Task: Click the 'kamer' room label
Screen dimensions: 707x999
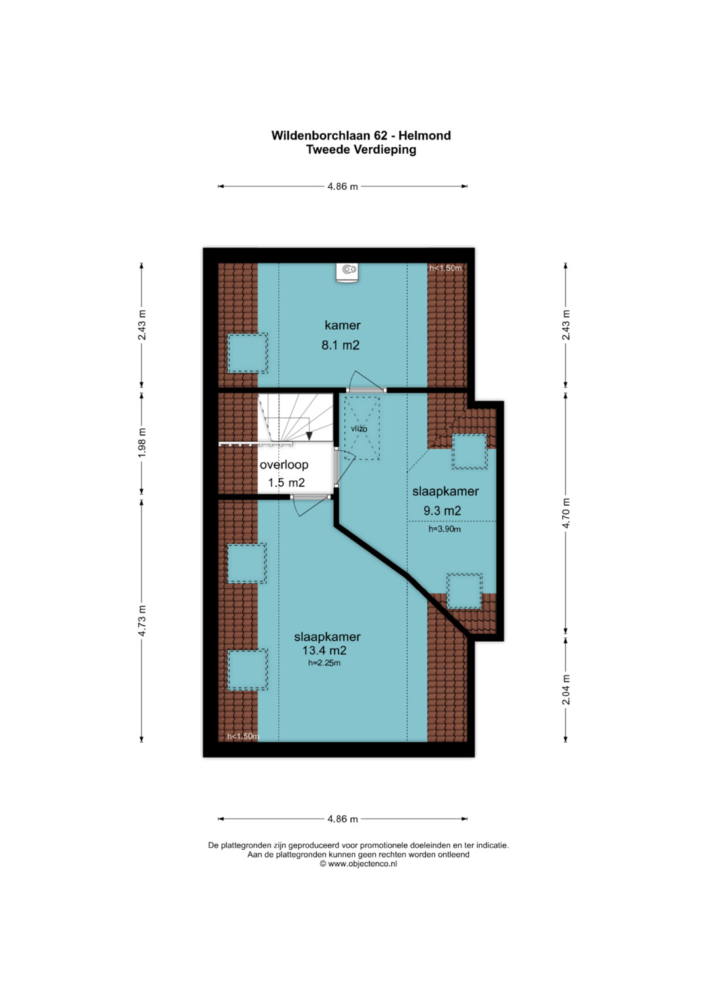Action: click(x=342, y=325)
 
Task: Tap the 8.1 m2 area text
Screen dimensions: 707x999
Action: click(x=340, y=345)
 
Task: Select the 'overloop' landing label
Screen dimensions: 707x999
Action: click(x=284, y=464)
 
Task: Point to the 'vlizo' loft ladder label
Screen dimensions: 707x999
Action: click(x=359, y=429)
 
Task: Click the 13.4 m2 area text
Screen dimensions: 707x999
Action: click(x=325, y=650)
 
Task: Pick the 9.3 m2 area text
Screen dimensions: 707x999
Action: click(x=442, y=511)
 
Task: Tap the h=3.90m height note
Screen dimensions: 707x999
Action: click(x=444, y=529)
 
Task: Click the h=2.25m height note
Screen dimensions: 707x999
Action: click(x=324, y=663)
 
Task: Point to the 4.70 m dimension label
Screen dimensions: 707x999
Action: click(x=566, y=513)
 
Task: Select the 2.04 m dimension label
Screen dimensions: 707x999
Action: click(x=566, y=690)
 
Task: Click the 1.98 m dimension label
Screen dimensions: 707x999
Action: click(x=142, y=442)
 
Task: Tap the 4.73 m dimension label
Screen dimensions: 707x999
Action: click(x=142, y=621)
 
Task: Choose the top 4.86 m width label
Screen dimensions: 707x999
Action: click(x=343, y=186)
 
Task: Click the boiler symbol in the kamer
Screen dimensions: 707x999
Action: click(x=348, y=272)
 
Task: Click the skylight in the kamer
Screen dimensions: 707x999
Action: click(x=247, y=353)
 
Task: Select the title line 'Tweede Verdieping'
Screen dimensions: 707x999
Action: click(x=361, y=149)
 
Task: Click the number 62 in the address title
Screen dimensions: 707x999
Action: click(x=381, y=135)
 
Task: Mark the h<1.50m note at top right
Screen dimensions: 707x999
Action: click(x=445, y=268)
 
